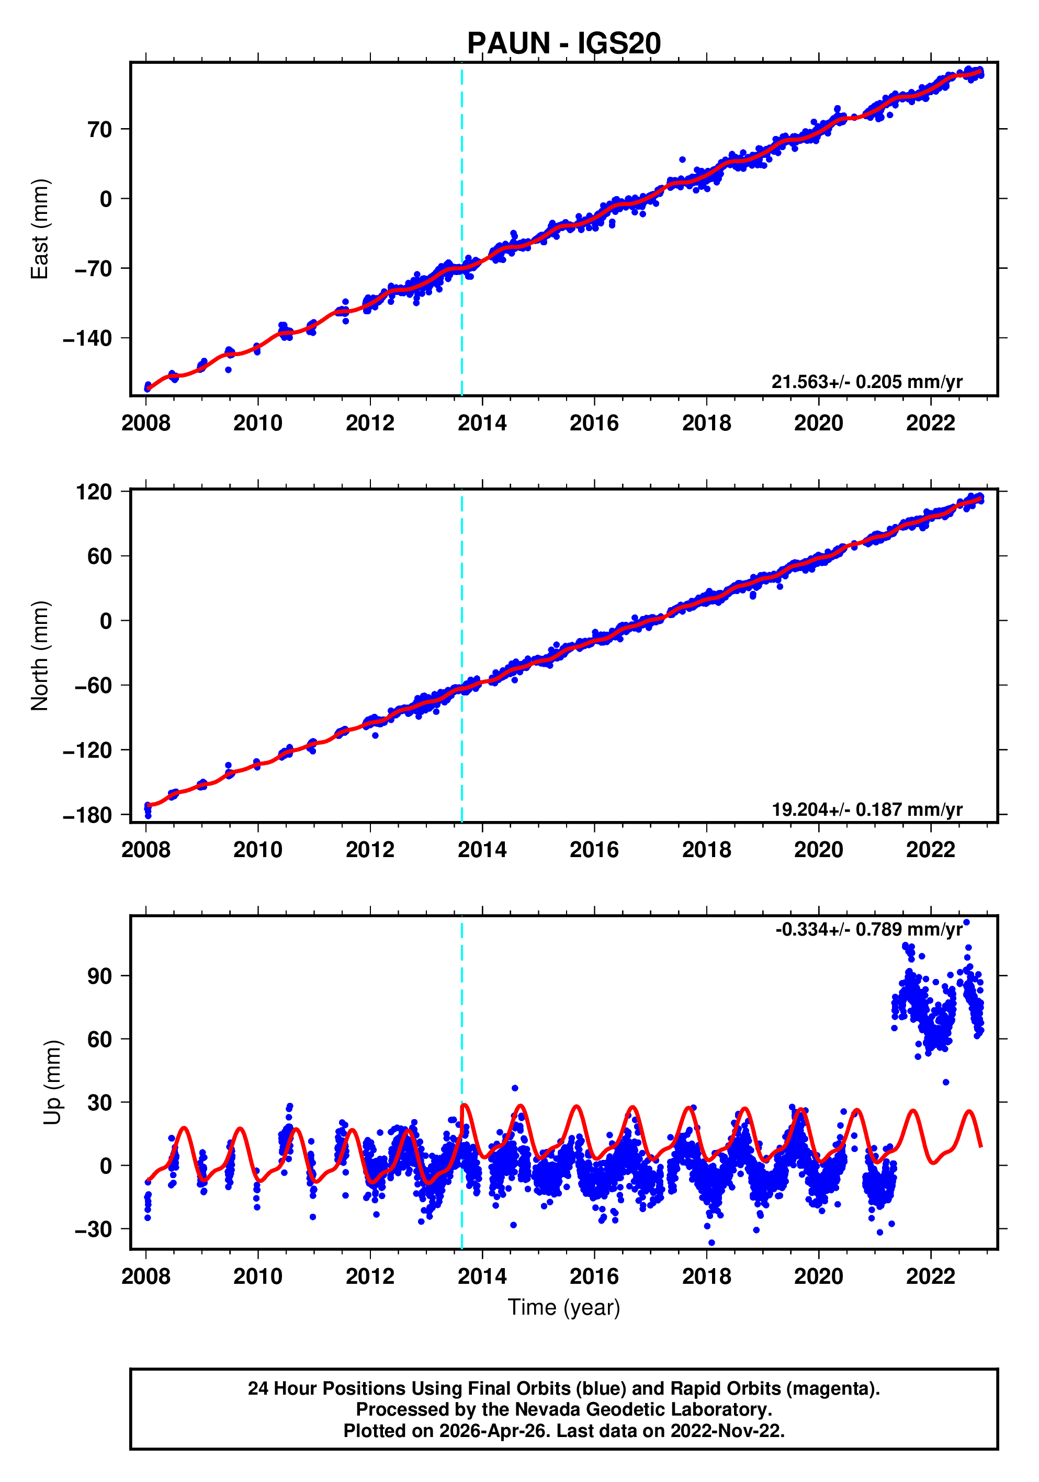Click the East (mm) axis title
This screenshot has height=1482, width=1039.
(x=40, y=229)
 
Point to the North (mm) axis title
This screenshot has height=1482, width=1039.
(x=40, y=656)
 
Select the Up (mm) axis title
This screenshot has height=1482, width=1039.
(x=52, y=1082)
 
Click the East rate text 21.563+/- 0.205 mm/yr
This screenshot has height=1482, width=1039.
(x=866, y=382)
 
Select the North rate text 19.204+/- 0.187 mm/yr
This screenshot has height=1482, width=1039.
(x=866, y=810)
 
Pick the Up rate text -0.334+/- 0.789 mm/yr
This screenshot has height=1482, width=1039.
(x=868, y=929)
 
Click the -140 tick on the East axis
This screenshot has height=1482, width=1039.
(x=87, y=338)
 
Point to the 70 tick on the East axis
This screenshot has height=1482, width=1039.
(x=100, y=130)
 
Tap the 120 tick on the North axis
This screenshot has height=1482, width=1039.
(x=94, y=493)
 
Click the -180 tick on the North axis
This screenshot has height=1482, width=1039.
(x=87, y=815)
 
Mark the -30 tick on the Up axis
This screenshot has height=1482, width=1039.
(x=93, y=1229)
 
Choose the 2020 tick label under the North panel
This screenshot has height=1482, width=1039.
(x=818, y=850)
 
